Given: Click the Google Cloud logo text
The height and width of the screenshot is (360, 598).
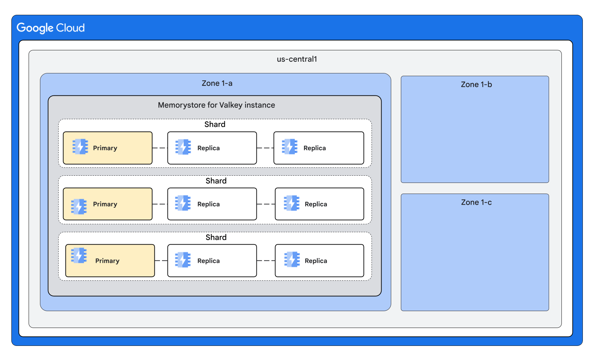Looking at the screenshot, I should (x=51, y=28).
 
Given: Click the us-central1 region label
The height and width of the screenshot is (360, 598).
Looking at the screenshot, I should (x=297, y=59).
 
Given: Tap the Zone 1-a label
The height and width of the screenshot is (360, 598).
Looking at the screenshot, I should (x=217, y=83).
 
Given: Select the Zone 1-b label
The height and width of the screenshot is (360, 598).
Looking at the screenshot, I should (x=476, y=85).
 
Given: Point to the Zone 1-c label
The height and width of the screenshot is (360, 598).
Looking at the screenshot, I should (x=476, y=203).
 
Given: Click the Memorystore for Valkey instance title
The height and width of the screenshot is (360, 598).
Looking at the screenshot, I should (x=216, y=105).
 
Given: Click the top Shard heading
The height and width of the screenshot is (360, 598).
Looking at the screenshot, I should (x=215, y=124).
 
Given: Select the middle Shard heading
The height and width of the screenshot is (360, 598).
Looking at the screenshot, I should (x=216, y=181).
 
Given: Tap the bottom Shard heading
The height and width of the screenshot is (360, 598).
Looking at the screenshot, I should (x=216, y=237).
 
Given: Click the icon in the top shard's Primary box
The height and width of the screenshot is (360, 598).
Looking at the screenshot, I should (x=80, y=147).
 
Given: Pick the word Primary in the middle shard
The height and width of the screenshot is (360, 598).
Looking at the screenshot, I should (x=105, y=204).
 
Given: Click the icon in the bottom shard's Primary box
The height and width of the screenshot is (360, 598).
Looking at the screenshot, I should (x=79, y=256).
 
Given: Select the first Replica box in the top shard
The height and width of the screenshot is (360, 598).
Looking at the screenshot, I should (x=212, y=148).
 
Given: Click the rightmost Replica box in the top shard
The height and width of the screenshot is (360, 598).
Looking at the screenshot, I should (x=318, y=148).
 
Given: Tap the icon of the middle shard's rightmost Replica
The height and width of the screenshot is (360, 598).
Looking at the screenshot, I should (x=292, y=203).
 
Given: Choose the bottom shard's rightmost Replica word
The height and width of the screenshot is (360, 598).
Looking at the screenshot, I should (x=316, y=261).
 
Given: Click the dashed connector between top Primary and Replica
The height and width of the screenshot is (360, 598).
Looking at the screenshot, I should (x=160, y=148).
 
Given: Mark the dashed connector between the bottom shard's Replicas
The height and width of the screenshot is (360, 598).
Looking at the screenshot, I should (x=266, y=261).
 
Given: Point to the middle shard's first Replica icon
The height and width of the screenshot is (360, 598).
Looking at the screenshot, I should (x=183, y=203).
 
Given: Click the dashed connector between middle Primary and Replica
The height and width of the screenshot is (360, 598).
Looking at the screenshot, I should (x=160, y=204).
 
